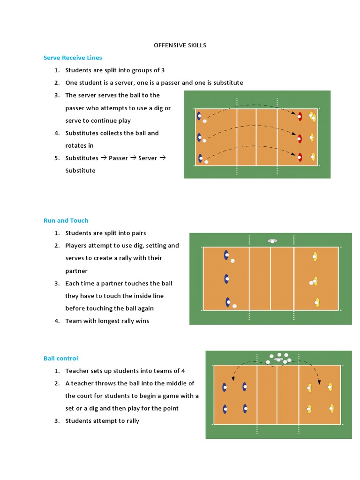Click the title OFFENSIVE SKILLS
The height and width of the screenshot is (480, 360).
180,45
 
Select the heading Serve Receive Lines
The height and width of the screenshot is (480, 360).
73,58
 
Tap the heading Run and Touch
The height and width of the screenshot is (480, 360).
66,220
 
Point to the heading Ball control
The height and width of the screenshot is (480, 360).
60,358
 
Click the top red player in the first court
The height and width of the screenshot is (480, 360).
300,116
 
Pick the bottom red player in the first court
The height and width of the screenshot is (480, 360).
300,157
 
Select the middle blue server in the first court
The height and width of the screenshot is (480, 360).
199,137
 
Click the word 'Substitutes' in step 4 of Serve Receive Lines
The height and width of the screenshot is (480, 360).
82,133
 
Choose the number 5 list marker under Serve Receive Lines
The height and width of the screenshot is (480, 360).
56,158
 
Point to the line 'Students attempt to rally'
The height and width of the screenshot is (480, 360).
102,421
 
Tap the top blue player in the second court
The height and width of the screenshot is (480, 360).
226,255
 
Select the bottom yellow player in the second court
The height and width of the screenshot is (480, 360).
317,302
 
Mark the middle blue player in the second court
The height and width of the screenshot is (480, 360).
226,279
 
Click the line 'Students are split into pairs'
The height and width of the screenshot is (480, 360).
105,233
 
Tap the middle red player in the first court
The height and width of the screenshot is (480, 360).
300,138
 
